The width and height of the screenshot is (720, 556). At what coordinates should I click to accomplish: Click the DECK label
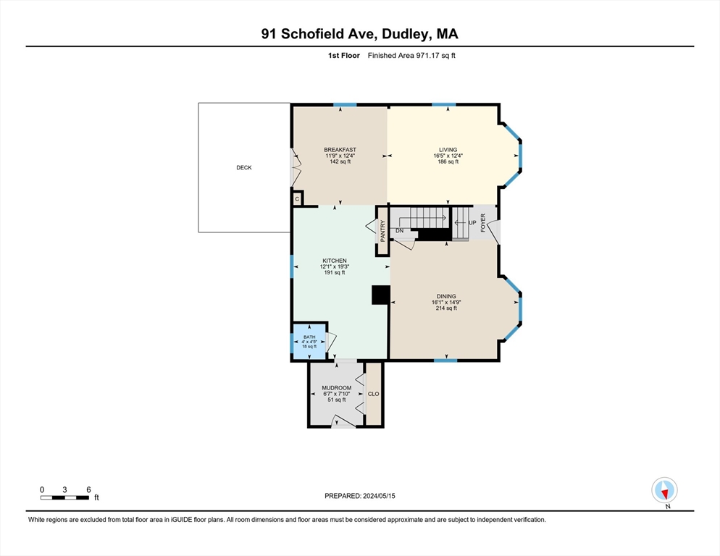[x=244, y=167]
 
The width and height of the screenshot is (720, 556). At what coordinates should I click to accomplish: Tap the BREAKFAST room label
[x=340, y=150]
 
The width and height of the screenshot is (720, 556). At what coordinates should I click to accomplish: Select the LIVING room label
[x=448, y=150]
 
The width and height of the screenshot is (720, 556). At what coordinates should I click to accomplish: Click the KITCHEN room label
[x=334, y=261]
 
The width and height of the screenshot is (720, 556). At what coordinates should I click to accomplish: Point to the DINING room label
[x=446, y=296]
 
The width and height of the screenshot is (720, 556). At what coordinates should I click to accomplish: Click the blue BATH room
[x=309, y=341]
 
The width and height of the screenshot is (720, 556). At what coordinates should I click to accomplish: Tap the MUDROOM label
[x=336, y=388]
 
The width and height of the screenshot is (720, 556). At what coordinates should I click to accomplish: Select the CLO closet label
[x=374, y=394]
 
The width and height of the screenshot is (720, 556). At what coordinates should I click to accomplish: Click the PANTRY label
[x=383, y=231]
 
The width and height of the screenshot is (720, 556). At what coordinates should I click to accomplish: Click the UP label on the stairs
[x=472, y=223]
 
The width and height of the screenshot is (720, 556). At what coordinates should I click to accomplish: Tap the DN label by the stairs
[x=399, y=231]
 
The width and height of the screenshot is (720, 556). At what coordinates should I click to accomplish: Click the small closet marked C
[x=297, y=198]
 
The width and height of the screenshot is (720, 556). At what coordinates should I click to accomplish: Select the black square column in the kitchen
[x=380, y=295]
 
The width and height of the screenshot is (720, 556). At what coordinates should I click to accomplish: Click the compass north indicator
[x=664, y=490]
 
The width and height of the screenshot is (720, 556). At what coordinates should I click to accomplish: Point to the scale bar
[x=65, y=497]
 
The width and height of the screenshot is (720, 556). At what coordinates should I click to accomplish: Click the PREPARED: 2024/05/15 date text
[x=359, y=496]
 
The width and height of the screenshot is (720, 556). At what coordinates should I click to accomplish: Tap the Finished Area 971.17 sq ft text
[x=411, y=56]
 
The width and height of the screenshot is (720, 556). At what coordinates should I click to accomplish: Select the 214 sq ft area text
[x=446, y=308]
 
